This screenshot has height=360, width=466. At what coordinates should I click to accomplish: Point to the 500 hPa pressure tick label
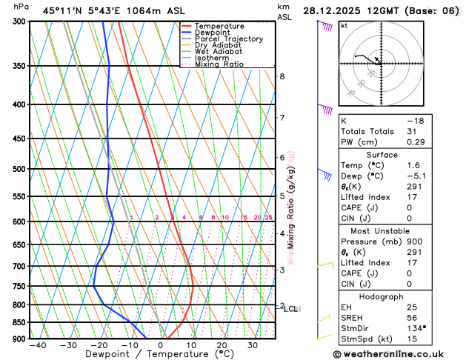click(17, 170)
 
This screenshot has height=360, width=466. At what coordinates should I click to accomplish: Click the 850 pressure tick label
click(17, 323)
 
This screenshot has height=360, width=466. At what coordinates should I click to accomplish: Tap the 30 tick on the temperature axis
click(253, 346)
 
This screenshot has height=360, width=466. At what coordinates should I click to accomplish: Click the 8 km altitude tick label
click(282, 76)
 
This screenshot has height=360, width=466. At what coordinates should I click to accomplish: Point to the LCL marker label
click(290, 309)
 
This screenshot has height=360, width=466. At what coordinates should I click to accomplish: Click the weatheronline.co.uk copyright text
click(396, 355)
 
